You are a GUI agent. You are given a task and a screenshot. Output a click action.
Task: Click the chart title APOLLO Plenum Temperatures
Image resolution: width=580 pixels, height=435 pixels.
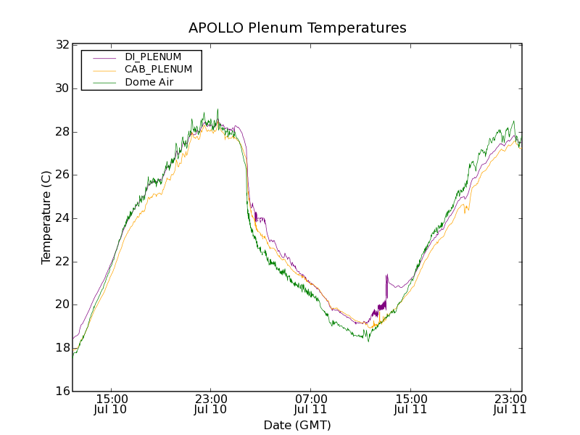pyautogui.click(x=297, y=28)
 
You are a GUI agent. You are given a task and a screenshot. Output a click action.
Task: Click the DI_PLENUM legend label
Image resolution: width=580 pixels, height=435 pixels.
pyautogui.click(x=153, y=57)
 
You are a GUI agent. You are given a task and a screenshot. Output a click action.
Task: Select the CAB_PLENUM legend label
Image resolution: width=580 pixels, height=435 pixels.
pyautogui.click(x=158, y=70)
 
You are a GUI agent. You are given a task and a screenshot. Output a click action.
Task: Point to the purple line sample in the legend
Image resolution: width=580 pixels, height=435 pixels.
pyautogui.click(x=104, y=57)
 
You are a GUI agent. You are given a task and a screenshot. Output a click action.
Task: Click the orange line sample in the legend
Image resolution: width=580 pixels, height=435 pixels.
pyautogui.click(x=104, y=70)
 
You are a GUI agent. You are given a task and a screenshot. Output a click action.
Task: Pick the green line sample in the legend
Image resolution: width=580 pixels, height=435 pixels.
pyautogui.click(x=104, y=83)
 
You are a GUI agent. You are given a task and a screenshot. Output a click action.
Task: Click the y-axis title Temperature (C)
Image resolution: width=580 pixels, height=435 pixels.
pyautogui.click(x=46, y=217)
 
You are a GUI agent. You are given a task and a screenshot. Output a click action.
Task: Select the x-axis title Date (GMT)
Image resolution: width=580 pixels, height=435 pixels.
pyautogui.click(x=297, y=425)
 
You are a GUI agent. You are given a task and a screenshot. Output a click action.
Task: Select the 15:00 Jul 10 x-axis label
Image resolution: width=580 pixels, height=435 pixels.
pyautogui.click(x=112, y=404)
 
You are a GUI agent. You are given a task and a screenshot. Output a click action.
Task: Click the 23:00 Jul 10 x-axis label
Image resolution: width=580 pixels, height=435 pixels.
pyautogui.click(x=211, y=404)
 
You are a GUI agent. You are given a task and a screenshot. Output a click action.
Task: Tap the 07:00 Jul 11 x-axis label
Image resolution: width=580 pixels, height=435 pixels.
pyautogui.click(x=311, y=404)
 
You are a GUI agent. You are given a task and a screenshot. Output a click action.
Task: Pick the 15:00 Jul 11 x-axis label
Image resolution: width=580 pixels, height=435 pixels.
pyautogui.click(x=410, y=404)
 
